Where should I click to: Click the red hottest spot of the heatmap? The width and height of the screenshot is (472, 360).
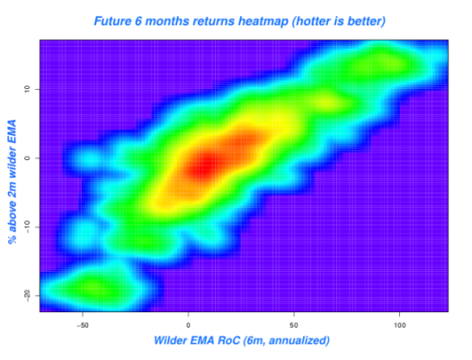206,164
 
